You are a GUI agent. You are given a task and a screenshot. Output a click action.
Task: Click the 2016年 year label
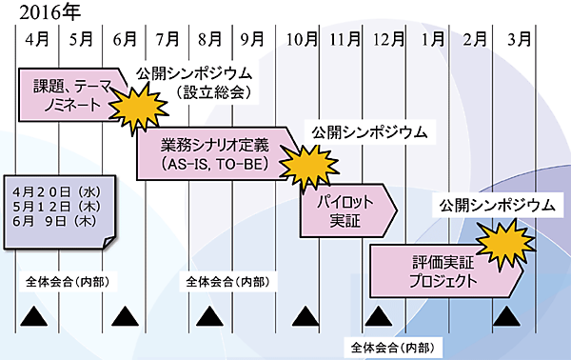[x=35, y=12]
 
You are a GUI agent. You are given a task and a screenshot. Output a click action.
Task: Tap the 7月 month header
[x=167, y=40]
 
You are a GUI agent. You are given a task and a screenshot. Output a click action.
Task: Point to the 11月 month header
[x=345, y=40]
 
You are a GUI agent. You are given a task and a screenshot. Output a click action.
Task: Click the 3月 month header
[x=520, y=40]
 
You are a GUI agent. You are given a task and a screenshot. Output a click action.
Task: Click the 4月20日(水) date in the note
[x=51, y=190]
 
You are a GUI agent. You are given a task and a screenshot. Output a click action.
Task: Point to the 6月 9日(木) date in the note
[x=51, y=220]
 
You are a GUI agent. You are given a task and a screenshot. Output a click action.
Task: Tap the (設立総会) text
[x=212, y=92]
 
